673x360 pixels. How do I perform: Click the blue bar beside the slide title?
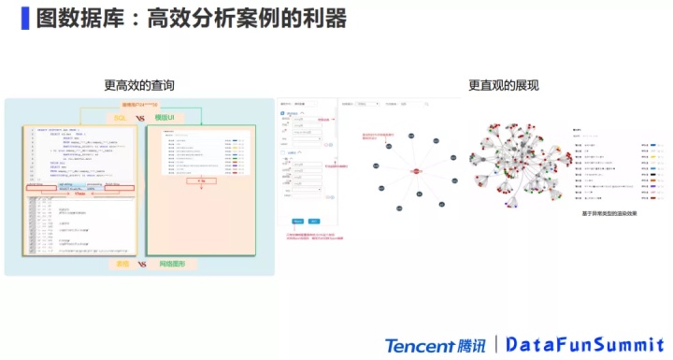(24, 20)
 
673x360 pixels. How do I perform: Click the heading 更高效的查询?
(139, 85)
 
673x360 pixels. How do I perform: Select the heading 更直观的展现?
(503, 85)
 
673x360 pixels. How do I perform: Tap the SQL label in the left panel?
(121, 118)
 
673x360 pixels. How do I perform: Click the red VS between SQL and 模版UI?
(141, 118)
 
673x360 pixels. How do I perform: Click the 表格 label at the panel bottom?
(122, 265)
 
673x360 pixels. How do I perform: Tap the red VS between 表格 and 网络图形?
(142, 265)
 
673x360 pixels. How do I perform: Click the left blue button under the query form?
(296, 221)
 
